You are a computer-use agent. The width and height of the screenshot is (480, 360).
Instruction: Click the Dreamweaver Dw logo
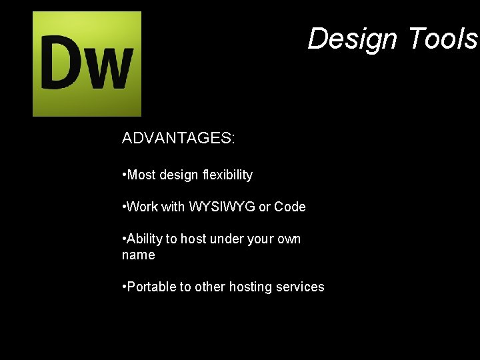(x=87, y=64)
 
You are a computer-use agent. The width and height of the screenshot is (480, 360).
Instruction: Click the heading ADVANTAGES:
(x=178, y=138)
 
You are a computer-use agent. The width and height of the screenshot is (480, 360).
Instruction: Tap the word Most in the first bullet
(x=141, y=175)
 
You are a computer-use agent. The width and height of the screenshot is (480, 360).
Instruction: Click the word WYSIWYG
(x=222, y=207)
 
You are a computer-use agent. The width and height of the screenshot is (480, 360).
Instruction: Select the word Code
(x=290, y=207)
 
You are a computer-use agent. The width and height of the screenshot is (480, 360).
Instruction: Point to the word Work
(x=143, y=207)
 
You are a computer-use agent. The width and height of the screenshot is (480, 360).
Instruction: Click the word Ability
(x=147, y=239)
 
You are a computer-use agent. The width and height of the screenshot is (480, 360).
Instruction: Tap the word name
(x=139, y=255)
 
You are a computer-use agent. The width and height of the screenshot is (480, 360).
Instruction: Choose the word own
(x=289, y=239)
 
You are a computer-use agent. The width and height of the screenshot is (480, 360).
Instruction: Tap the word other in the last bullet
(x=210, y=287)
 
